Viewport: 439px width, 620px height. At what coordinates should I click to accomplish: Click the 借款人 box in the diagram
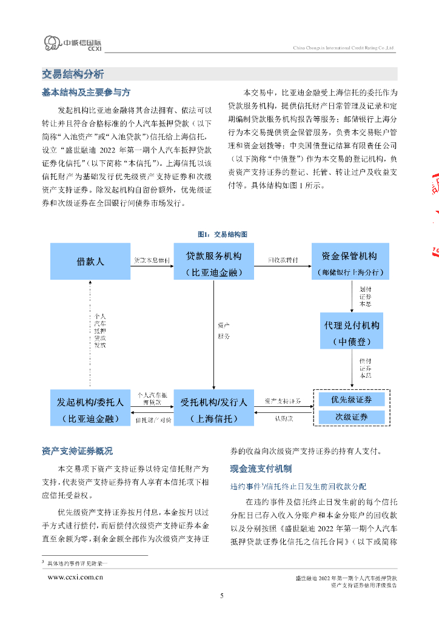(90, 262)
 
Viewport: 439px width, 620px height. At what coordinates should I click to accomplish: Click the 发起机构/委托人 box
(90, 409)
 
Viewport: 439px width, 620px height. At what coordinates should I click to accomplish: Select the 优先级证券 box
(352, 400)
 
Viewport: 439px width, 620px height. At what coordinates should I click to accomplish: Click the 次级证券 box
(352, 417)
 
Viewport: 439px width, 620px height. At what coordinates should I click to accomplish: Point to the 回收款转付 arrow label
(283, 260)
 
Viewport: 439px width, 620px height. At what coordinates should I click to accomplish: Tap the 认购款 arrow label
(283, 418)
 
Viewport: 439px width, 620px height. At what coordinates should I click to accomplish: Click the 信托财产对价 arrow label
(152, 419)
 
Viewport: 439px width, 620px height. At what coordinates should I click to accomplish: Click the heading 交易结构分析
(73, 74)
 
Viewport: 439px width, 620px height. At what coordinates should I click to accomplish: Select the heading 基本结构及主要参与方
(86, 93)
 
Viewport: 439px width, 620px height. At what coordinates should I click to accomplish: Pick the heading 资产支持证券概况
(77, 451)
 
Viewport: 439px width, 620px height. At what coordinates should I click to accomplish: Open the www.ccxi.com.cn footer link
(75, 578)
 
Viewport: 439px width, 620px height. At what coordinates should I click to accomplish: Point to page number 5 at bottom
(221, 596)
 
